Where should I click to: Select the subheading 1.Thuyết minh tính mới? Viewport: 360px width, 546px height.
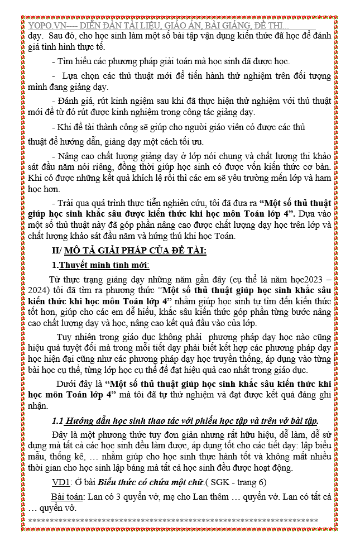(x=100, y=265)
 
